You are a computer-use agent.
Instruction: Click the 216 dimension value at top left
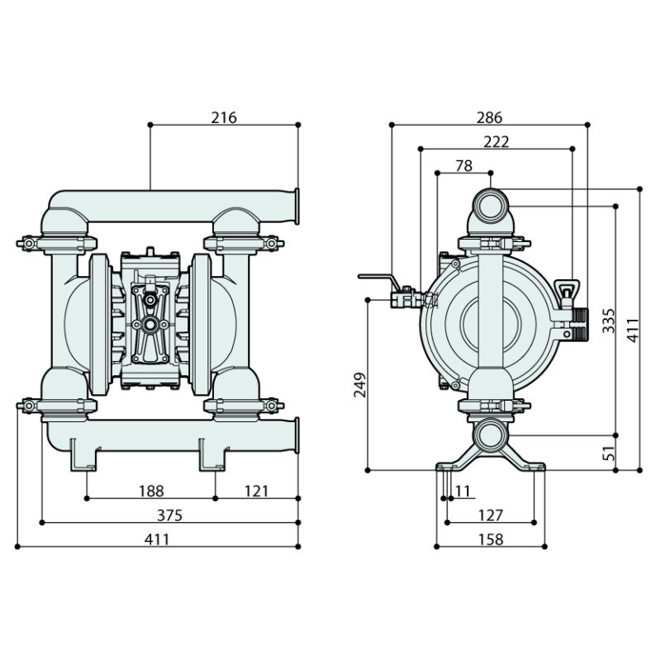click(224, 117)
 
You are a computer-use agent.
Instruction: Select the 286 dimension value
click(489, 118)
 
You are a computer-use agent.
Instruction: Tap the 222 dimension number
click(496, 141)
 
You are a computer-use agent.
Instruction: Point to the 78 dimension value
click(464, 165)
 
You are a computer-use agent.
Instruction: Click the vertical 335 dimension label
click(608, 319)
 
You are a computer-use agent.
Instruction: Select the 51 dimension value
click(608, 452)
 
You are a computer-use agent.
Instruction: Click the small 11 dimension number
click(462, 492)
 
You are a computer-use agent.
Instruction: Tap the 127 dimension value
click(490, 516)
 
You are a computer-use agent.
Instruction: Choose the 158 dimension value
click(490, 540)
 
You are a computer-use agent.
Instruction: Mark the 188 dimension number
click(151, 492)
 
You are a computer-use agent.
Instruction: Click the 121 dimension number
click(257, 492)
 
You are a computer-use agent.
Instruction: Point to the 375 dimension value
click(169, 516)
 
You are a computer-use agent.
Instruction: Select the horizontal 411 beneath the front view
click(157, 540)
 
